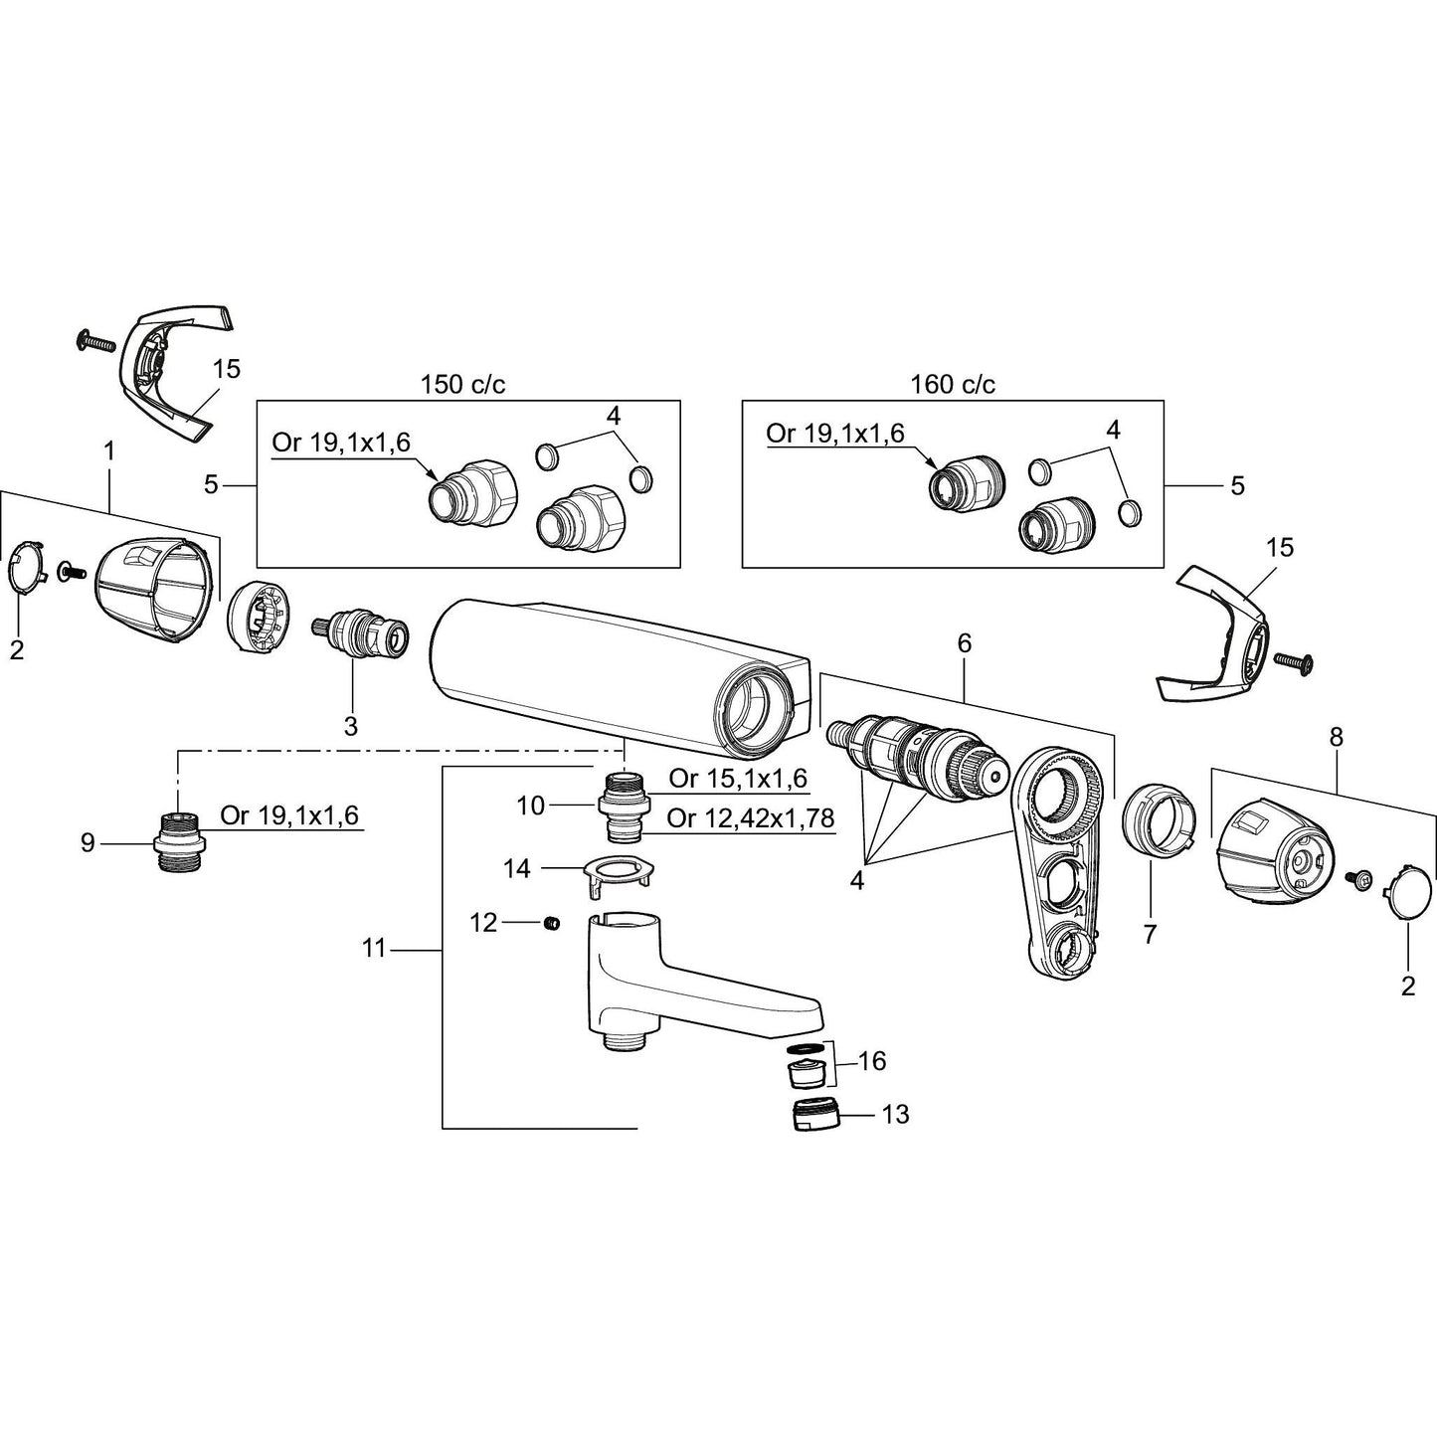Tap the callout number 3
point(350,726)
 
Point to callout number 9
point(88,843)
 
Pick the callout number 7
point(1150,933)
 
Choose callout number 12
point(483,923)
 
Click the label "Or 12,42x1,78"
point(750,818)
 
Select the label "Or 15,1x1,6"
point(738,779)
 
